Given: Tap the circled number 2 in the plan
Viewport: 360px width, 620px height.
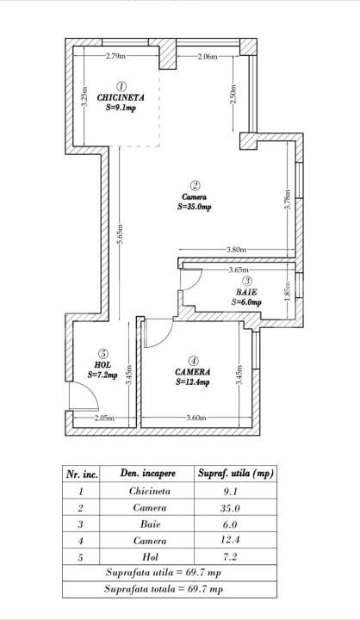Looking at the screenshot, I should (196, 185).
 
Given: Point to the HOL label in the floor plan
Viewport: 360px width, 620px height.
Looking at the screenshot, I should (102, 364).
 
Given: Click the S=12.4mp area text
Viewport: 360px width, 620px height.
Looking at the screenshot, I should (194, 381).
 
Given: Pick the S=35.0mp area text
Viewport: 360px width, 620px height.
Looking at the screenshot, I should (195, 207).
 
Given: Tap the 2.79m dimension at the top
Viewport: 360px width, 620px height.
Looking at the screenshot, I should (116, 57).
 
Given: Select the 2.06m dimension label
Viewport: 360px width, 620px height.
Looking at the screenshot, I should (207, 57).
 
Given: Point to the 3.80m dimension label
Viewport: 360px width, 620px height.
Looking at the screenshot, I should (237, 251).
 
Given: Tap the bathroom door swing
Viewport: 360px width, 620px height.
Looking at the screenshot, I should (193, 280).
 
